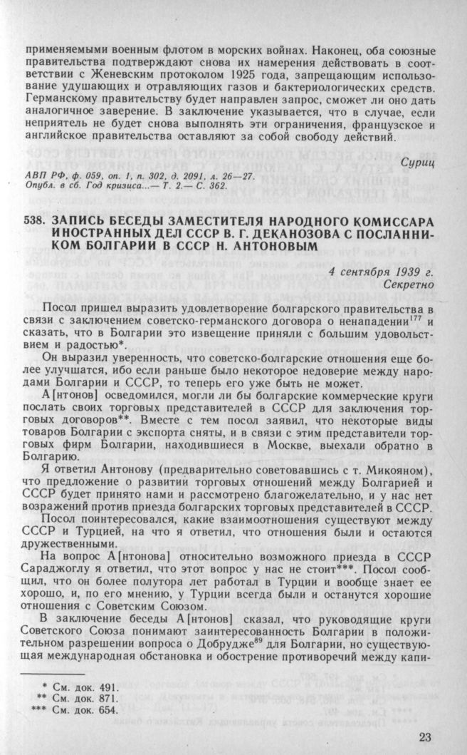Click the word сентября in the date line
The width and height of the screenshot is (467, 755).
pos(380,271)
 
